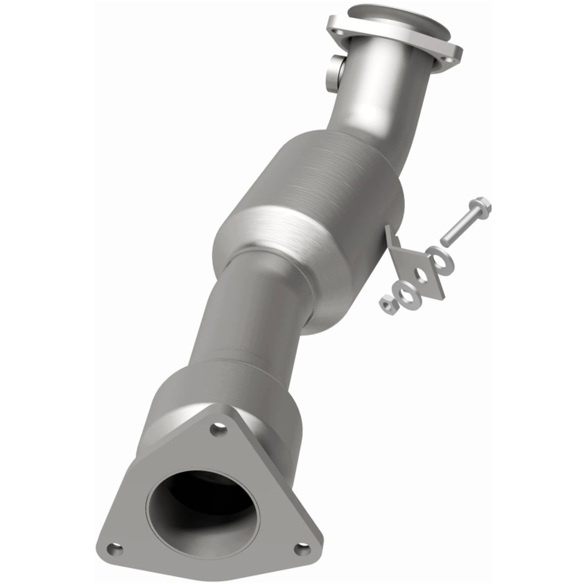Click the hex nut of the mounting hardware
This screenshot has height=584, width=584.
(387, 302)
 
